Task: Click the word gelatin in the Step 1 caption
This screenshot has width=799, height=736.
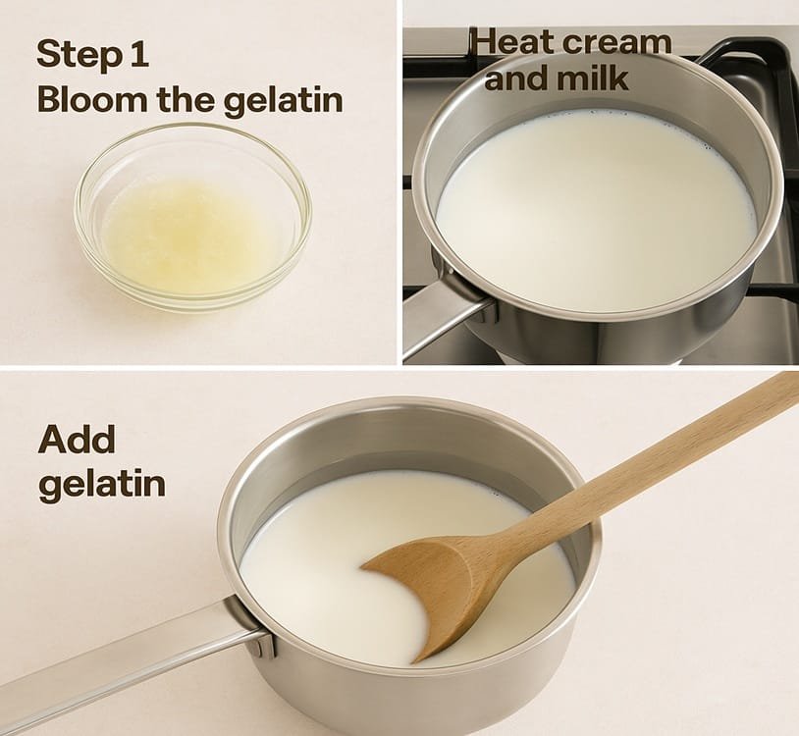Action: (x=283, y=101)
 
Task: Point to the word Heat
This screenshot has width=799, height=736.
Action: (x=514, y=41)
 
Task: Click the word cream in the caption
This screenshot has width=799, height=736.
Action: (x=617, y=43)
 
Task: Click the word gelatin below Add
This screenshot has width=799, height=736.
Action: (x=102, y=484)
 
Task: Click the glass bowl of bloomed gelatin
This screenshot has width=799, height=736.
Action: (x=193, y=217)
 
